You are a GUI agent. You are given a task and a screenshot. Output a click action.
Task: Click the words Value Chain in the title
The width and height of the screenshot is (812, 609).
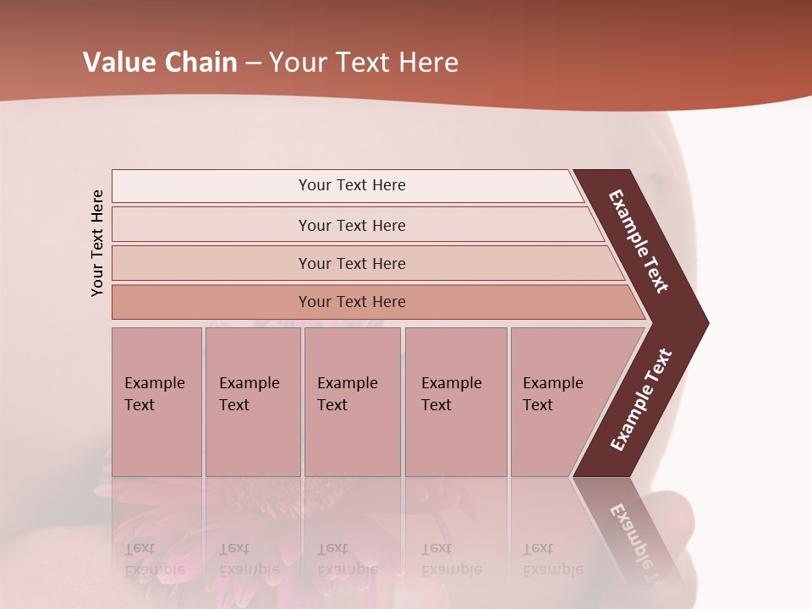(x=160, y=63)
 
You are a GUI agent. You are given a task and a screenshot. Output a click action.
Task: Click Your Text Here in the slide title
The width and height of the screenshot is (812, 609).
(x=364, y=63)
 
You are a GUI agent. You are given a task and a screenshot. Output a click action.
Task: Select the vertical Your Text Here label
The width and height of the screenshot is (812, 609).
(x=98, y=243)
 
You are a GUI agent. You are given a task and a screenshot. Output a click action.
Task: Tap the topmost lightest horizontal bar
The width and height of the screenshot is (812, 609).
(x=351, y=185)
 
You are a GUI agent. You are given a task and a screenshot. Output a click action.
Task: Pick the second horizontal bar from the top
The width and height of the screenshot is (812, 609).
(x=351, y=225)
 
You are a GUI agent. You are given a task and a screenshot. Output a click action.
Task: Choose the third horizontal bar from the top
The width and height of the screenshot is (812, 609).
(x=351, y=263)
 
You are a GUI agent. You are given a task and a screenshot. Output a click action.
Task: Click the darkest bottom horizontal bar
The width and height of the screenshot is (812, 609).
(x=351, y=302)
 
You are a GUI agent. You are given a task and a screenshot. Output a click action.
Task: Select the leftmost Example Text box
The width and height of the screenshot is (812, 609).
(x=156, y=402)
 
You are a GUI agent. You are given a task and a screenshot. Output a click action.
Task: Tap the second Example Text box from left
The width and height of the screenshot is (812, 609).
(x=252, y=402)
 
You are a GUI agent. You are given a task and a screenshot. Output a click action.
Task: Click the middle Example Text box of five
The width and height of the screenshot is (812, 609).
(x=352, y=402)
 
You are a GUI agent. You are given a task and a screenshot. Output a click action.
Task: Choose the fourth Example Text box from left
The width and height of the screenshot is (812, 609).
(x=455, y=402)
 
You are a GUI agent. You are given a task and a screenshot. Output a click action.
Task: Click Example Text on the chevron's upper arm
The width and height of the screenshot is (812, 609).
(x=639, y=241)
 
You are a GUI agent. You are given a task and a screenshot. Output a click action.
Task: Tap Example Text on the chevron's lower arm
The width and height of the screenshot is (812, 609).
(x=641, y=400)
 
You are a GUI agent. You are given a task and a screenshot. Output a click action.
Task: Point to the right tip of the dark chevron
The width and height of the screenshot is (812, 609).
(x=706, y=322)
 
